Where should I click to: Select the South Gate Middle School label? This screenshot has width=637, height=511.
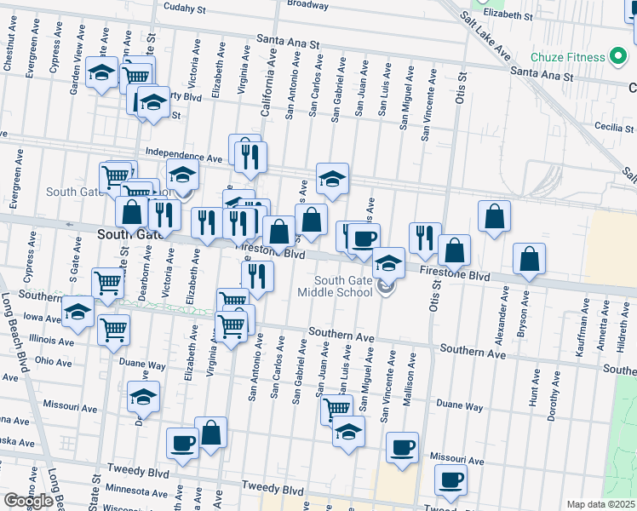[346, 286]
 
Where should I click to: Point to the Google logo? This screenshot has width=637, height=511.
[28, 501]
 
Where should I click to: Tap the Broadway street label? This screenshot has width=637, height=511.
[307, 4]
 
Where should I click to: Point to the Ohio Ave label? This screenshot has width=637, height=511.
[53, 361]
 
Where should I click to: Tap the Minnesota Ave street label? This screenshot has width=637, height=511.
[139, 493]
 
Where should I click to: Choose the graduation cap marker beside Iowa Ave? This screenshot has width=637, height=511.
[78, 313]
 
